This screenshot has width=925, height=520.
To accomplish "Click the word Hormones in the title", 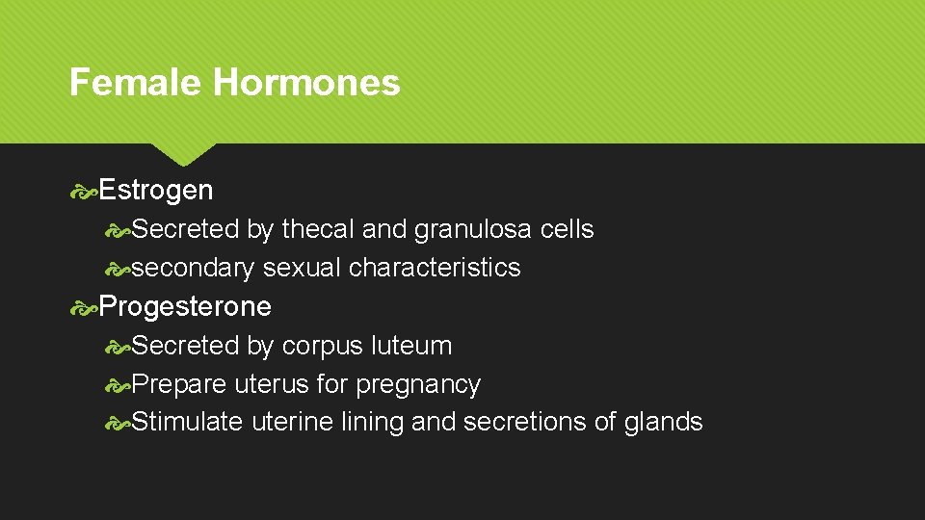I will [306, 83].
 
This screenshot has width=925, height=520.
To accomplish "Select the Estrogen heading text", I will [156, 191].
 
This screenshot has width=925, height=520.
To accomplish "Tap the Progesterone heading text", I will [185, 307].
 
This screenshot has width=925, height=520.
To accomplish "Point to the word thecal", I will [317, 229].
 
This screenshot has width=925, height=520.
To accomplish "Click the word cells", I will [567, 229].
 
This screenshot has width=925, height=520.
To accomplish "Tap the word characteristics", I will [435, 268].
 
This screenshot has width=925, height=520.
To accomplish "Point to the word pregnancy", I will [418, 385].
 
